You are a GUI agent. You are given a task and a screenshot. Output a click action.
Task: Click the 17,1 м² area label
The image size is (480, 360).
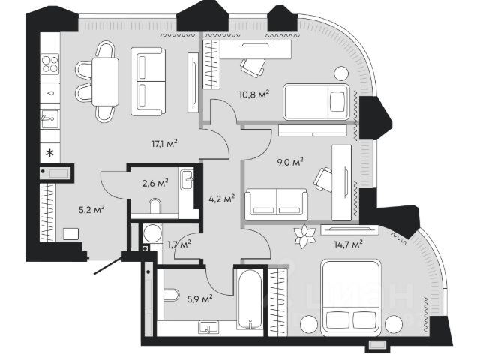[165, 143]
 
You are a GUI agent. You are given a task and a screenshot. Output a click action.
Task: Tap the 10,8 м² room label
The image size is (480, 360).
[254, 94]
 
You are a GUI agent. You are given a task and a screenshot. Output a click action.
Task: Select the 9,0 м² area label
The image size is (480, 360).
[290, 161]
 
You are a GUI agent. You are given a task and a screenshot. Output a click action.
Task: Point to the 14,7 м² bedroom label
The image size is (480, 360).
[348, 244]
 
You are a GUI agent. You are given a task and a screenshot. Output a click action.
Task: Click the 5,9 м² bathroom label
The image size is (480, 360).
[200, 298]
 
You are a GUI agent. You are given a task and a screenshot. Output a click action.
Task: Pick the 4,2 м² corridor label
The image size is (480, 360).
[222, 199]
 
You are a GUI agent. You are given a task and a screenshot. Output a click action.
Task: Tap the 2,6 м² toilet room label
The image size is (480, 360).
[155, 183]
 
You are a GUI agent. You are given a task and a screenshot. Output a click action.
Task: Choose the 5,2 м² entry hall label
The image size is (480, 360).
[91, 210]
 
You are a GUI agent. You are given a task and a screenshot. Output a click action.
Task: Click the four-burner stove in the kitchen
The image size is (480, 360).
[50, 64]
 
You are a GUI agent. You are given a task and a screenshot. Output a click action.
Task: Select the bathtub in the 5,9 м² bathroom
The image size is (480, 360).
[250, 299]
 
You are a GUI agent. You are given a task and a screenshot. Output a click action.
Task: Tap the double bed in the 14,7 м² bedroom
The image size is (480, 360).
[351, 298]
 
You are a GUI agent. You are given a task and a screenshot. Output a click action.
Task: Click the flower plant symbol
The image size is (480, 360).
[304, 236]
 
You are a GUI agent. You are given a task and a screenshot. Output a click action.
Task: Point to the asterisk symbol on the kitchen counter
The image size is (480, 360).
[49, 153]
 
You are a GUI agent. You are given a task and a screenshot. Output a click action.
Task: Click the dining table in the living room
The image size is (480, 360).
[105, 82]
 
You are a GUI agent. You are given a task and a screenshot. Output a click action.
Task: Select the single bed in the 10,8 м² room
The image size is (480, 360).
[316, 102]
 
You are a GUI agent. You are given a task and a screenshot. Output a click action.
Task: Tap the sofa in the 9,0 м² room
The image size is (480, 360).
[277, 204]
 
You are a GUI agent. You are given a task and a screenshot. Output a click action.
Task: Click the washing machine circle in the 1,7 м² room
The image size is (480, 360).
[152, 233]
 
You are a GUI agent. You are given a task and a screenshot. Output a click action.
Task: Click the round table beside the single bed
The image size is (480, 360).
[341, 73]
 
